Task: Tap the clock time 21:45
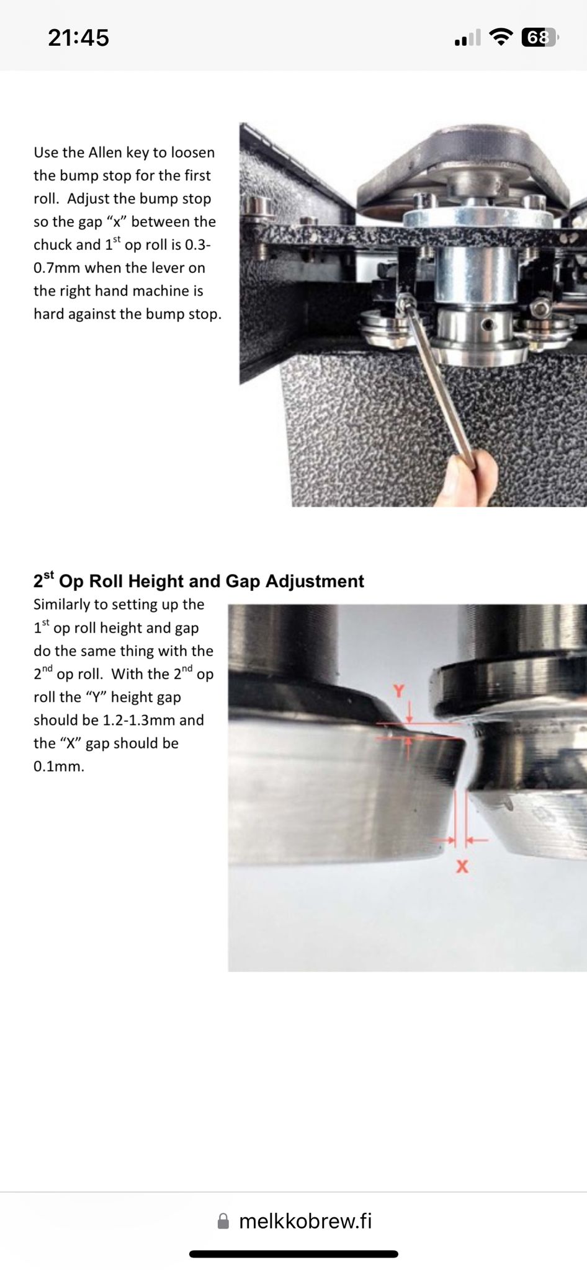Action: pyautogui.click(x=78, y=38)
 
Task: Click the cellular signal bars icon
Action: pyautogui.click(x=467, y=38)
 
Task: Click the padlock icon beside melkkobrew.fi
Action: pyautogui.click(x=223, y=1221)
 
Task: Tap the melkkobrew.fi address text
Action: pyautogui.click(x=305, y=1220)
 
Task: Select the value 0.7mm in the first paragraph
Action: pyautogui.click(x=57, y=268)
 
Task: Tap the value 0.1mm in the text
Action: pyautogui.click(x=59, y=766)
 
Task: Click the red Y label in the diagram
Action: pyautogui.click(x=399, y=691)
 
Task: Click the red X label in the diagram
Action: pyautogui.click(x=462, y=866)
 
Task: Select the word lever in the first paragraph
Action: pyautogui.click(x=170, y=268)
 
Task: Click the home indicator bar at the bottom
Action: pyautogui.click(x=293, y=1254)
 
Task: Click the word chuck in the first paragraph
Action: pyautogui.click(x=52, y=245)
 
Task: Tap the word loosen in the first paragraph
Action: pyautogui.click(x=193, y=153)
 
